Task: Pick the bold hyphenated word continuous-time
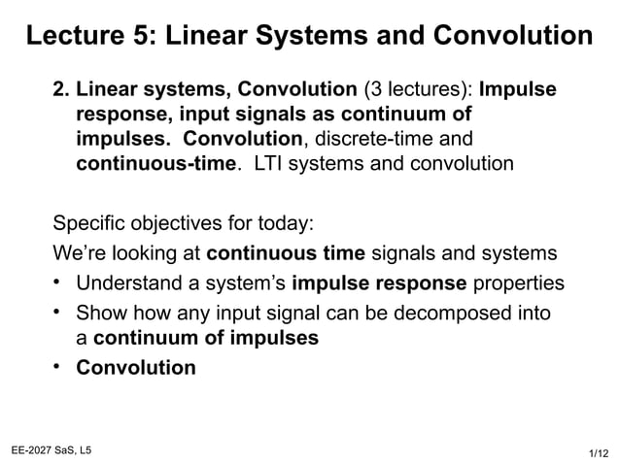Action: pyautogui.click(x=156, y=163)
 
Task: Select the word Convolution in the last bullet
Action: pyautogui.click(x=135, y=369)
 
